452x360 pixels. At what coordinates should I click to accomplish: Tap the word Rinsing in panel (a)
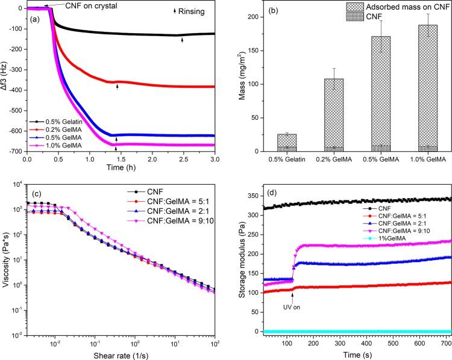(193, 11)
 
